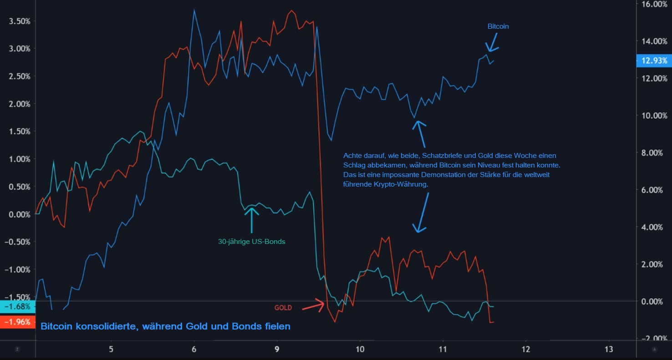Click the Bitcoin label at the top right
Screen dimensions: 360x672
(498, 26)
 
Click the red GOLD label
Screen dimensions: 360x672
(283, 308)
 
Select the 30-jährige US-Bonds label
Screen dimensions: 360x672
(251, 242)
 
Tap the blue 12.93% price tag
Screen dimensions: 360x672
(654, 61)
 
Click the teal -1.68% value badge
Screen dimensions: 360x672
(17, 307)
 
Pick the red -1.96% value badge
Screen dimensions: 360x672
(17, 322)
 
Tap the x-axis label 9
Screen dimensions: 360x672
(277, 349)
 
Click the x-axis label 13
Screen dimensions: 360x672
(609, 349)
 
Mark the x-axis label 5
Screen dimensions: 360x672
(111, 349)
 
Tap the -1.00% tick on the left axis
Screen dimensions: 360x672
(17, 269)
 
